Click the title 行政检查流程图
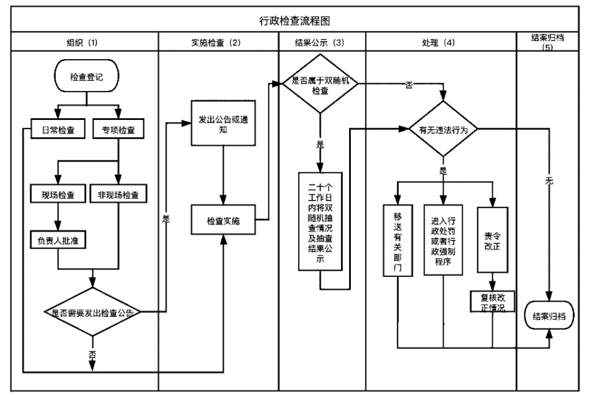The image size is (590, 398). click(295, 21)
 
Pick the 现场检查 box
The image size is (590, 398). click(57, 196)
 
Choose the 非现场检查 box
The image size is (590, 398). click(118, 196)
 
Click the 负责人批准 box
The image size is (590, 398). click(57, 240)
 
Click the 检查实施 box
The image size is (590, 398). click(223, 220)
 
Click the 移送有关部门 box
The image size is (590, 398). click(398, 242)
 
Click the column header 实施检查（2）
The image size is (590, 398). click(219, 43)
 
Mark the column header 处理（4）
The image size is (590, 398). click(441, 43)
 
